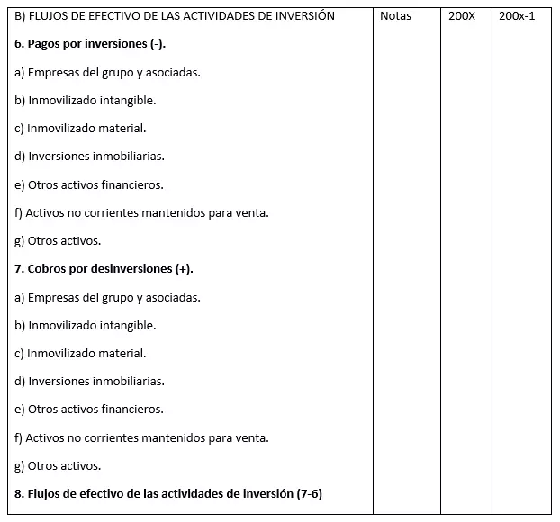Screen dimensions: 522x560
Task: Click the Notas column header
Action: pos(395,16)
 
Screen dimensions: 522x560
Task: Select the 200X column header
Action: pos(461,16)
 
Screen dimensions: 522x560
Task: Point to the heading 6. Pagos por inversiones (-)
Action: pos(90,44)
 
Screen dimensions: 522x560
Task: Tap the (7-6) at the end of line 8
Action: pos(308,493)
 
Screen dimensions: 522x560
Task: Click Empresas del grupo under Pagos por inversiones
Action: pos(108,72)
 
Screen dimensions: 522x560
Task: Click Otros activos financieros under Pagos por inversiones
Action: pos(90,184)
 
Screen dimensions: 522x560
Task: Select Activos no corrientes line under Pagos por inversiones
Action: pos(142,212)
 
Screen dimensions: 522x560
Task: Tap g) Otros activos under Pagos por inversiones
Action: pos(59,240)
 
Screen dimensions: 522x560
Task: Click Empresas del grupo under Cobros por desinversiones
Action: pos(108,297)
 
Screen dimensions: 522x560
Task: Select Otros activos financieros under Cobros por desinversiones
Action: pos(90,409)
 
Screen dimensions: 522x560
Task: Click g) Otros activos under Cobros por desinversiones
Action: pos(59,465)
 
